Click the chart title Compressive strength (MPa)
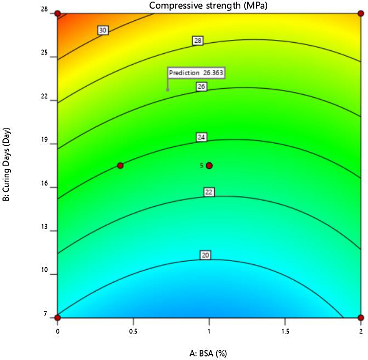[x=209, y=5]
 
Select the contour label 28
[x=198, y=41]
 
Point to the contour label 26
[x=201, y=87]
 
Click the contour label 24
[x=202, y=137]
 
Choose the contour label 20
[x=206, y=255]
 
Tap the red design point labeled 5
[x=209, y=166]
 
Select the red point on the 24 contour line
[x=120, y=166]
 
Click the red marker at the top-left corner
[x=58, y=14]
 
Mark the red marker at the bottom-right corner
[x=361, y=317]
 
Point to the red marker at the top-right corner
[x=361, y=14]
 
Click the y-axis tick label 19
[x=50, y=143]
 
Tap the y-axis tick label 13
[x=50, y=230]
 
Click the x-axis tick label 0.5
[x=133, y=331]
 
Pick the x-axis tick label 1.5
[x=285, y=331]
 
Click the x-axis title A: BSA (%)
[x=208, y=353]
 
